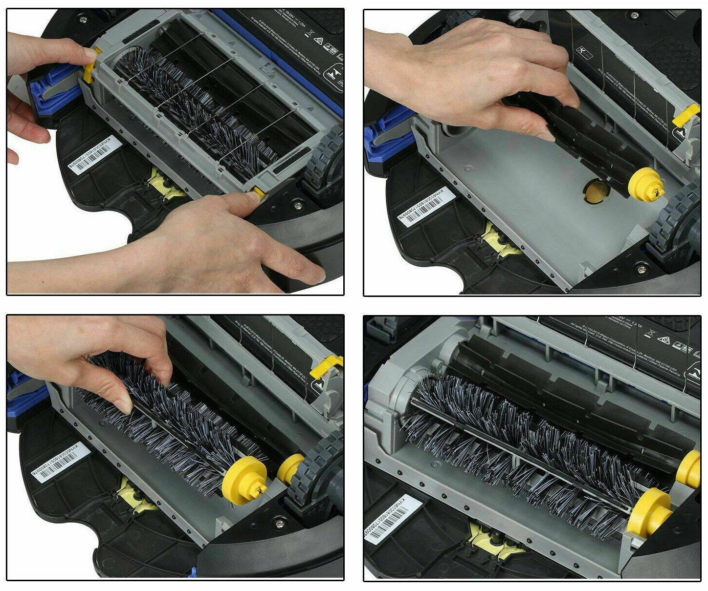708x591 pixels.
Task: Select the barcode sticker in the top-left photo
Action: click(x=95, y=155)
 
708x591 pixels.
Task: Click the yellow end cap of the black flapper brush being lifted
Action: click(x=646, y=185)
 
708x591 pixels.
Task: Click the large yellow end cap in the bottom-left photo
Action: click(x=243, y=481)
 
